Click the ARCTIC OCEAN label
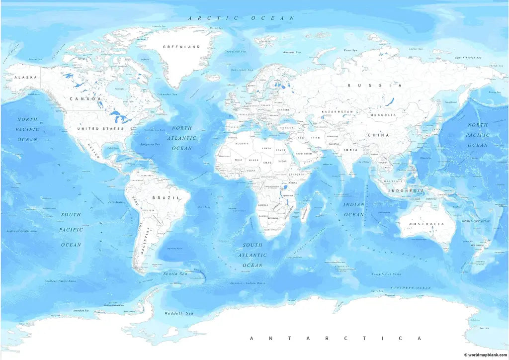click(242, 18)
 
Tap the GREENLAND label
click(181, 47)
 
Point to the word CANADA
click(85, 99)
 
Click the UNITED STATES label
click(100, 129)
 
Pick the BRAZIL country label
click(162, 198)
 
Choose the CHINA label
click(378, 135)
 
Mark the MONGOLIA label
click(383, 115)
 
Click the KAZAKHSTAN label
click(337, 112)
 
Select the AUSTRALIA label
click(426, 224)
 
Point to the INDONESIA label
click(406, 191)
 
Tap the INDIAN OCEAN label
click(354, 209)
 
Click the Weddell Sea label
click(178, 314)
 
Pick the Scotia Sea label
click(175, 274)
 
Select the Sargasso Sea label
click(150, 144)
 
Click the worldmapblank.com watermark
click(485, 355)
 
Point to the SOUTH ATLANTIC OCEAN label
click(253, 255)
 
